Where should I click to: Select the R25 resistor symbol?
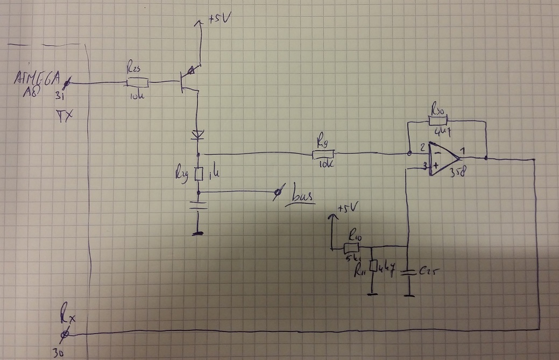(x=137, y=83)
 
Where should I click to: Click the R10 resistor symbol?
(x=351, y=248)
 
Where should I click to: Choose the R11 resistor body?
(x=371, y=266)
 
